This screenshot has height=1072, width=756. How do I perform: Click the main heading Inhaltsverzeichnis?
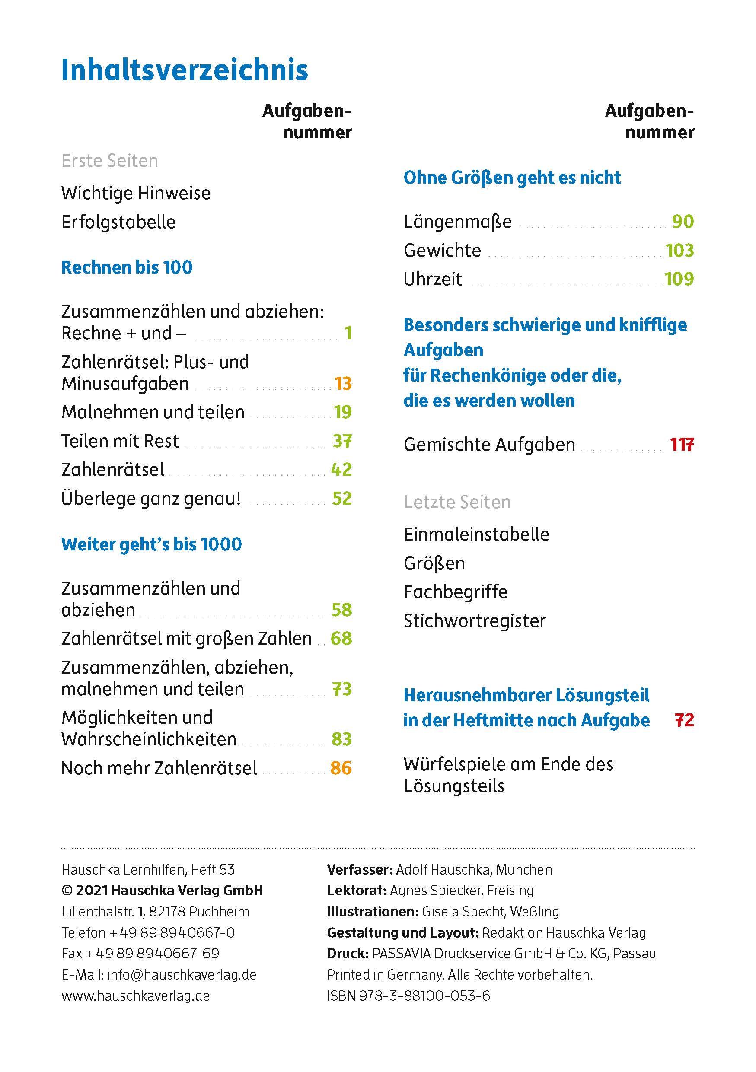(x=185, y=70)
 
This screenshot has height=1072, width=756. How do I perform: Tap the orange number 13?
(x=343, y=384)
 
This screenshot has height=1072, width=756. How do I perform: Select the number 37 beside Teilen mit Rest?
(x=342, y=441)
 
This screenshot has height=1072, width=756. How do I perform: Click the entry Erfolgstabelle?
(x=118, y=222)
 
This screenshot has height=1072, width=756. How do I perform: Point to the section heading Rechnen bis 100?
(x=127, y=267)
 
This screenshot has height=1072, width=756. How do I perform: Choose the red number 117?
(x=682, y=445)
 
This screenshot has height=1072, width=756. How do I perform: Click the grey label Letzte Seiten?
(x=457, y=503)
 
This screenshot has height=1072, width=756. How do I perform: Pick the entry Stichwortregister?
(x=475, y=621)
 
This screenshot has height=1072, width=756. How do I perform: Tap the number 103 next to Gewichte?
(x=680, y=251)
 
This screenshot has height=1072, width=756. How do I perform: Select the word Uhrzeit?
(x=432, y=279)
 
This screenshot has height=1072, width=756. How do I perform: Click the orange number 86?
(x=341, y=768)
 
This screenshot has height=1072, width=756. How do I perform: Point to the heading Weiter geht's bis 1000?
(x=151, y=544)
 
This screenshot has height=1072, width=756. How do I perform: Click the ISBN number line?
(x=408, y=996)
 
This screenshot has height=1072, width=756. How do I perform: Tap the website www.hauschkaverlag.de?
(x=135, y=996)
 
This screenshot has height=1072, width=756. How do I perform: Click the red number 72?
(x=685, y=720)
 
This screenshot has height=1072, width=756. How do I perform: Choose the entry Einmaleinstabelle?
(x=476, y=534)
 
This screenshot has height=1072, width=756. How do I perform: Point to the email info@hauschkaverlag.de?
(x=182, y=975)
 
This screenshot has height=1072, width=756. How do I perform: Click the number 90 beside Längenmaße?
(x=683, y=222)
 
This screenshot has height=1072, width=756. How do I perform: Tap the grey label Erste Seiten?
(x=110, y=161)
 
